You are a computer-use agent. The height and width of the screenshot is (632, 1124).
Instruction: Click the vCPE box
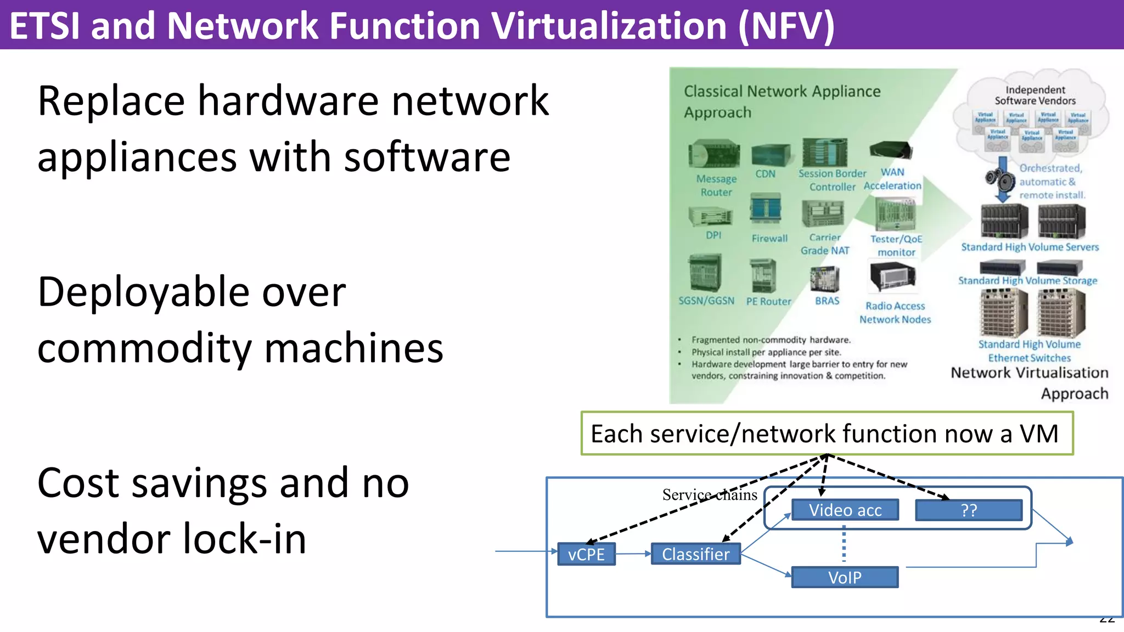[586, 554]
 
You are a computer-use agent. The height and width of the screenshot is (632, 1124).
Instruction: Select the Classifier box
[695, 554]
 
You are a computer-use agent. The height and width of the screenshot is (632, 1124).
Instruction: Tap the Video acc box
[845, 510]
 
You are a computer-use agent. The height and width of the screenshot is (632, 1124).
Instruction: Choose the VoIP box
[845, 577]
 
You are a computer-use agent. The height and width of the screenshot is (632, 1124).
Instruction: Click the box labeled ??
[969, 510]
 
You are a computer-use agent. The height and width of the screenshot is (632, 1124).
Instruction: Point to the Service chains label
[709, 495]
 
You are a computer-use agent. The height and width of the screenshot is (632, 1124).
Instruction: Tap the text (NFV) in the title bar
[786, 26]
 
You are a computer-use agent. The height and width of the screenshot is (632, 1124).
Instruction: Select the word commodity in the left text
[144, 349]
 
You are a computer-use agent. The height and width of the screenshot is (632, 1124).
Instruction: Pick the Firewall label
[769, 239]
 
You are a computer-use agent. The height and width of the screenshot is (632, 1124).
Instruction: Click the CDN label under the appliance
[765, 174]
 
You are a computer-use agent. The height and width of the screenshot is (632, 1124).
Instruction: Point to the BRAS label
[827, 301]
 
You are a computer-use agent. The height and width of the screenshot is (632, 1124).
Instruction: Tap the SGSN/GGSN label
[706, 301]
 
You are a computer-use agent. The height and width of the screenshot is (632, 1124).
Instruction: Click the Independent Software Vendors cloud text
[1035, 95]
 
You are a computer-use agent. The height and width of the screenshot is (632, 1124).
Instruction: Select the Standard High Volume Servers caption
[1030, 247]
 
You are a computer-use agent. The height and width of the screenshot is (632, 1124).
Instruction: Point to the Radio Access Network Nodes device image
[892, 276]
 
